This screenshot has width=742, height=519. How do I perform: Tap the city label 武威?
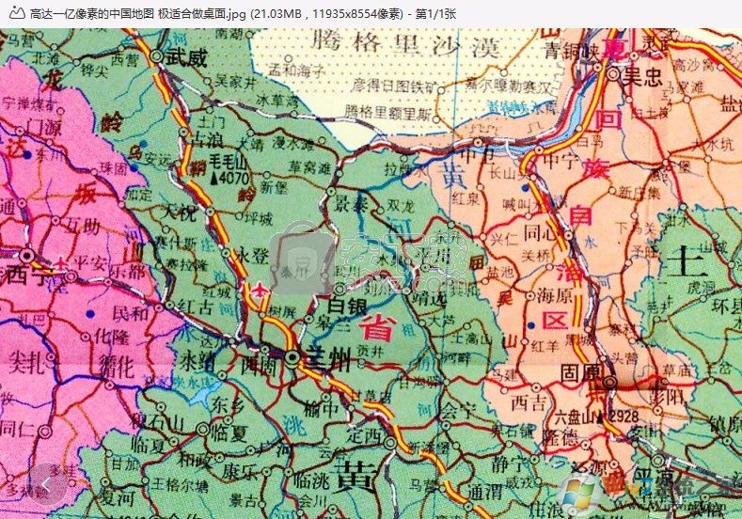pyautogui.click(x=186, y=56)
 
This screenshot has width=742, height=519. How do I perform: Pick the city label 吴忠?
pyautogui.click(x=642, y=77)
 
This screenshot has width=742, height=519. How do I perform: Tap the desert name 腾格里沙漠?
pyautogui.click(x=399, y=43)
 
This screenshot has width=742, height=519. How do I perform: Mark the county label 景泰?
pyautogui.click(x=354, y=203)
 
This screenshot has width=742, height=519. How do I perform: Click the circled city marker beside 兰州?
pyautogui.click(x=294, y=357)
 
